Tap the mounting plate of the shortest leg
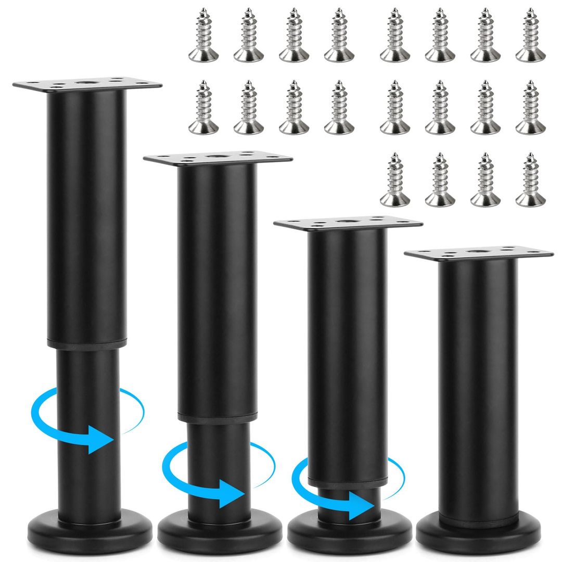click(x=479, y=254)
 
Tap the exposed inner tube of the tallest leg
click(x=86, y=375)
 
